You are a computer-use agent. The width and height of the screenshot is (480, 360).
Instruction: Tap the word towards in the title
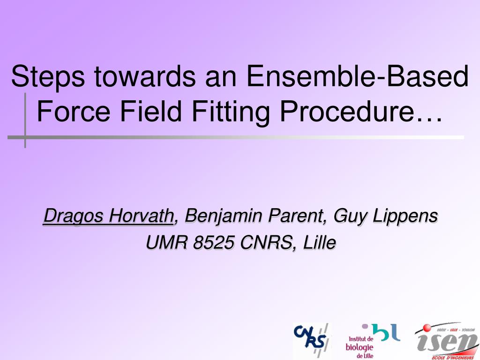(144, 76)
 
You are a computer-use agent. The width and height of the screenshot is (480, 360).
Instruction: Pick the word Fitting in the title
(231, 112)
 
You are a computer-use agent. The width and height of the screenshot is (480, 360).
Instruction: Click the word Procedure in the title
(346, 112)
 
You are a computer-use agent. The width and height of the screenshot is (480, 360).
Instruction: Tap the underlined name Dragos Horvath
(108, 216)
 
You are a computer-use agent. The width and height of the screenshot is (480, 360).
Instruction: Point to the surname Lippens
(405, 216)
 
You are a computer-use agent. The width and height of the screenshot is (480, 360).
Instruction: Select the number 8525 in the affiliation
(213, 243)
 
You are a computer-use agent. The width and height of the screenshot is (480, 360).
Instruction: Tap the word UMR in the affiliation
(166, 243)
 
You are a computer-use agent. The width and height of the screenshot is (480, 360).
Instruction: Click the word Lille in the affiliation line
(320, 243)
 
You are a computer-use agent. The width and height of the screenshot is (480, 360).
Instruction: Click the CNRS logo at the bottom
(311, 340)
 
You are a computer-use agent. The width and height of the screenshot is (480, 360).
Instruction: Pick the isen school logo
(447, 341)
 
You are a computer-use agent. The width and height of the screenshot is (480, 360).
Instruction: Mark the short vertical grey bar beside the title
(25, 120)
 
